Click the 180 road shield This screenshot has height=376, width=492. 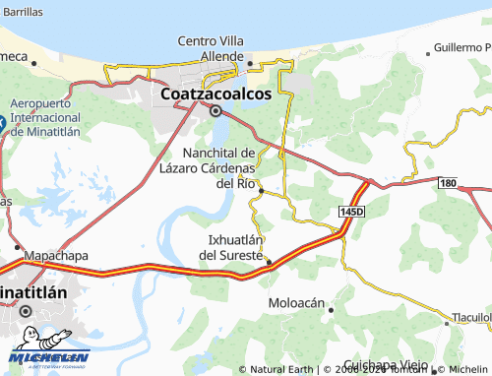click(x=449, y=183)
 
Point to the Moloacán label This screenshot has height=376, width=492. click(x=296, y=303)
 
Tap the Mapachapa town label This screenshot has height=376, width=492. click(x=55, y=255)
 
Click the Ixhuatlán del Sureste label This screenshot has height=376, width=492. click(x=235, y=247)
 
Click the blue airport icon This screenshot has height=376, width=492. click(x=2, y=124)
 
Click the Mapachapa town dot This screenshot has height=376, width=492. click(x=18, y=246)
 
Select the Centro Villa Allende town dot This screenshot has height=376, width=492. click(x=250, y=64)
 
